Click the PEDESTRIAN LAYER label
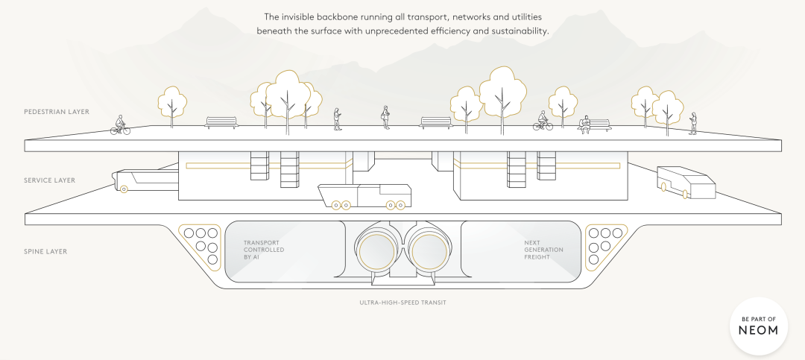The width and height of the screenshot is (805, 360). [x=57, y=112]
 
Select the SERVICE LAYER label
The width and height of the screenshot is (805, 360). [x=49, y=180]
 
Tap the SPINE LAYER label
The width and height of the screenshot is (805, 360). [x=45, y=252]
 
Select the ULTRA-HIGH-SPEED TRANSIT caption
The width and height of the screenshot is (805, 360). [x=403, y=303]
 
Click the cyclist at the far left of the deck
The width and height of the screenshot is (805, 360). [x=120, y=125]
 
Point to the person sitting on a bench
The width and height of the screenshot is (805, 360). [x=584, y=125]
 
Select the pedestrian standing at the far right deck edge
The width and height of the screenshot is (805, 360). [x=693, y=123]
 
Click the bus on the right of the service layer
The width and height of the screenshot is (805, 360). [x=686, y=183]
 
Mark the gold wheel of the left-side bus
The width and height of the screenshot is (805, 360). [x=124, y=189]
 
